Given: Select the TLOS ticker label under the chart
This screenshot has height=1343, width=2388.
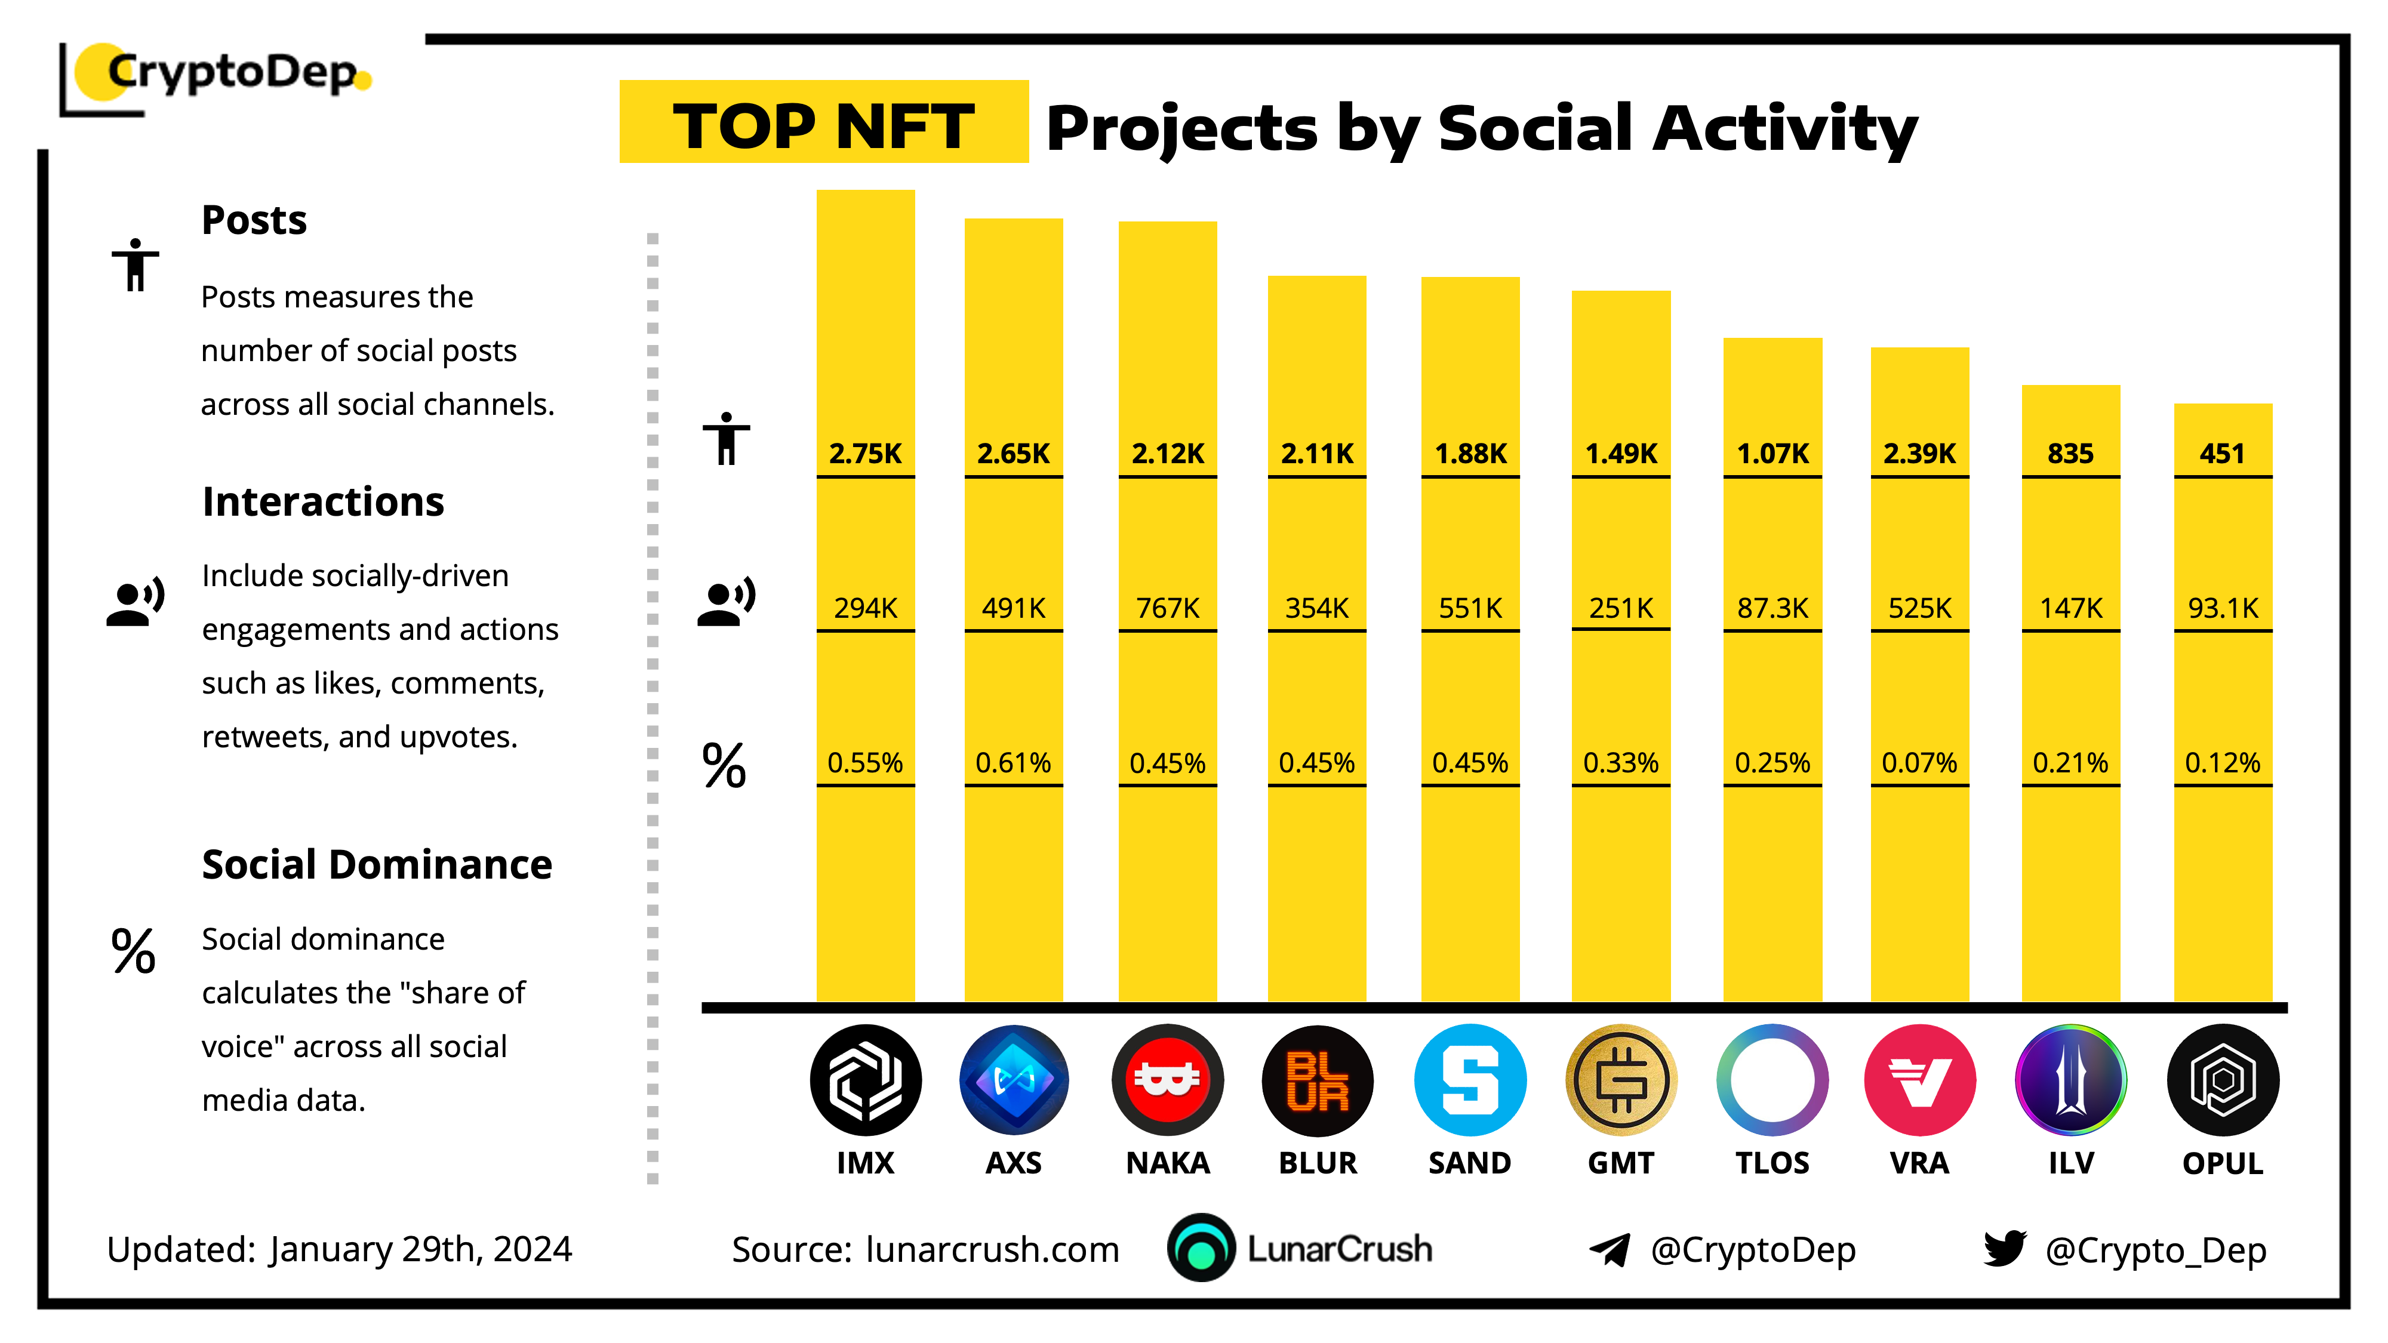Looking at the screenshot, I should click(1771, 1163).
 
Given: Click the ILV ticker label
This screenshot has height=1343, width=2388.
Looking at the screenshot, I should click(2071, 1163).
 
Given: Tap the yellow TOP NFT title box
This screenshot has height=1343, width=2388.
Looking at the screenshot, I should click(823, 122).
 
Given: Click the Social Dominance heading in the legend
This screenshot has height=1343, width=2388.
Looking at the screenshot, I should click(376, 865).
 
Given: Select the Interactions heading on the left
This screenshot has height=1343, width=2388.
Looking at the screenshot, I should click(322, 501).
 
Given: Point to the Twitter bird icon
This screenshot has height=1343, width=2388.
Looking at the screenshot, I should click(2004, 1249).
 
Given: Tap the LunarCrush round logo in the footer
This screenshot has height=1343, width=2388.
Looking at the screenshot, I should click(1201, 1249).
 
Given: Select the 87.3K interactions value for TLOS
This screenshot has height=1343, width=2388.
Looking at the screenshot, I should click(1771, 608).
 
